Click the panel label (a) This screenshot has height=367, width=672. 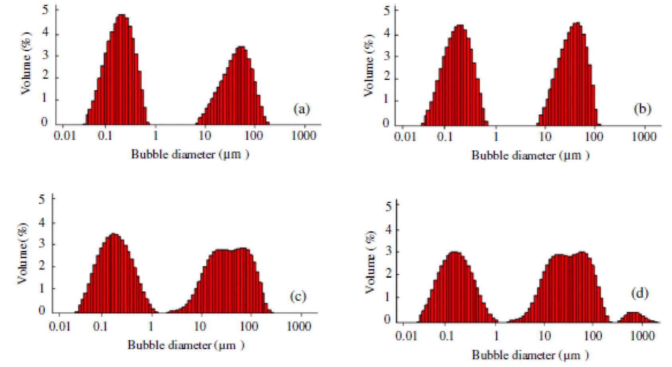(301, 109)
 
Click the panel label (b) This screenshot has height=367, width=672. (642, 109)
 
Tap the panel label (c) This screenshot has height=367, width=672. (298, 296)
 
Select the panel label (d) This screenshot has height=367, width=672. (640, 293)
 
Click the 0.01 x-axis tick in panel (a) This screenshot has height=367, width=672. (64, 136)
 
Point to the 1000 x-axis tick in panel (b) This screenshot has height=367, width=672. (644, 137)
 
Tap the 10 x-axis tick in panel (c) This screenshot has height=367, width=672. (200, 326)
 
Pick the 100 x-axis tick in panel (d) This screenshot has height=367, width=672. (592, 336)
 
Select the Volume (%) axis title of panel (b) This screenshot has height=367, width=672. (369, 65)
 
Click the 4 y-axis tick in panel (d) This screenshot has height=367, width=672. (386, 229)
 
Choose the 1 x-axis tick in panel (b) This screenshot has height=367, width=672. (495, 137)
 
